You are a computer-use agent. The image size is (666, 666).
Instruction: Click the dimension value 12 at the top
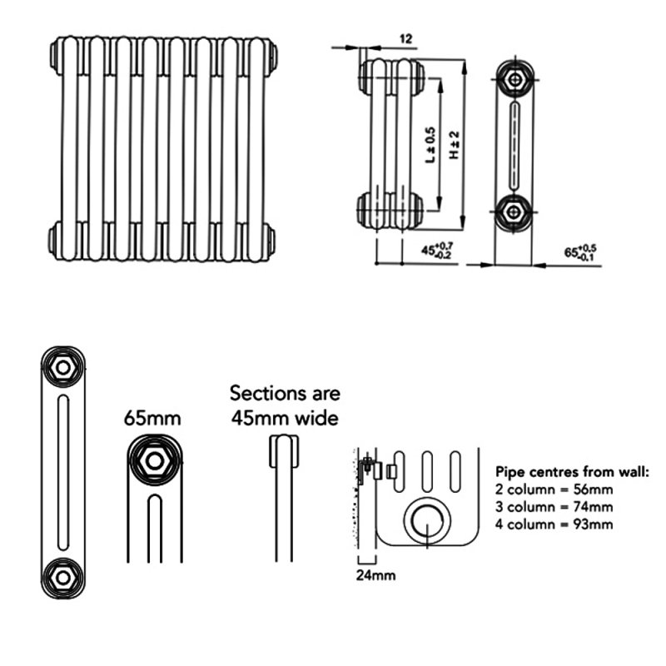tap(406, 38)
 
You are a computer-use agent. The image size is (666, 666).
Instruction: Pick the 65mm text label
tap(153, 418)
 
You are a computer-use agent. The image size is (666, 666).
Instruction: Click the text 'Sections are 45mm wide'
tap(285, 405)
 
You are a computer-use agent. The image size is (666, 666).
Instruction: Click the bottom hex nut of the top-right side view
tap(516, 210)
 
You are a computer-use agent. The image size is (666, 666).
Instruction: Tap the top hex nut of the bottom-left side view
tap(62, 367)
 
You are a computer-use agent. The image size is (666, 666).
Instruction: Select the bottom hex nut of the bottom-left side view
tap(62, 574)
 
